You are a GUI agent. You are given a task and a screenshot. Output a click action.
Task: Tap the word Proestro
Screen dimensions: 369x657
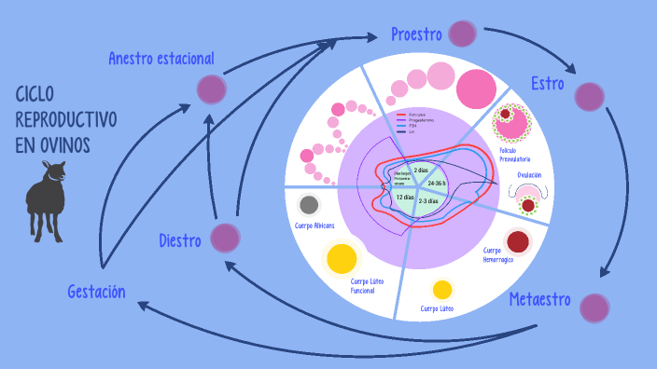pos(416,34)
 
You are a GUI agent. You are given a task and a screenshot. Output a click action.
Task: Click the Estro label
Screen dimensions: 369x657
pos(547,83)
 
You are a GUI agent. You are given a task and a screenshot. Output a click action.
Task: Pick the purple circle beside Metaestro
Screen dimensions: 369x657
pos(594,307)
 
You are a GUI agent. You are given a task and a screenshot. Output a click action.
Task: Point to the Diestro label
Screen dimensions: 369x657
pos(180,241)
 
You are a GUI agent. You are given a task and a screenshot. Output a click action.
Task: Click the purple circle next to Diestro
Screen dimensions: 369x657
pos(225,238)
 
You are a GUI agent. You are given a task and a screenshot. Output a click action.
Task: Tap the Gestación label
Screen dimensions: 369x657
pos(96,292)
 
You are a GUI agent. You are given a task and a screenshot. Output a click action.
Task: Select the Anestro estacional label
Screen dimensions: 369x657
pos(161,59)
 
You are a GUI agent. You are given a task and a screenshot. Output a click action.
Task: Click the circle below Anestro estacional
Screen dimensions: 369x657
pos(212,89)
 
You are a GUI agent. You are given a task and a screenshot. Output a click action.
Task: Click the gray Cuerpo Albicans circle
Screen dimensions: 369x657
pos(309,205)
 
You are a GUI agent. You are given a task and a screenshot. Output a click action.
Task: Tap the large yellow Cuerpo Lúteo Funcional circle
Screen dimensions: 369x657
pos(342,256)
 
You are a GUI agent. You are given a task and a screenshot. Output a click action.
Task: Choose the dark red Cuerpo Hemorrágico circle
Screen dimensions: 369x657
pos(519,241)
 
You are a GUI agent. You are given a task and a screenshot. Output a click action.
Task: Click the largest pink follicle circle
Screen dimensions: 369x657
pos(477,87)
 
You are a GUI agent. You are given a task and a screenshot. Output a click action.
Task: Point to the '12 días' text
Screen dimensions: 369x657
pos(404,197)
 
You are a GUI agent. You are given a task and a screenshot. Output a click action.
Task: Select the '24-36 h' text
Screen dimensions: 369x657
pos(437,184)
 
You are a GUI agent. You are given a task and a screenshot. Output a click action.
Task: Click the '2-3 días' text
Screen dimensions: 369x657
pos(428,201)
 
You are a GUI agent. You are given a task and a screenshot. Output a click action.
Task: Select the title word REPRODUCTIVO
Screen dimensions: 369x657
pos(66,120)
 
